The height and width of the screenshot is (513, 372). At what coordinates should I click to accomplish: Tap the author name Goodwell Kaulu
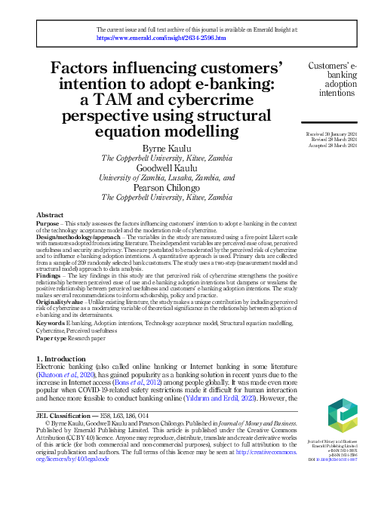(168, 168)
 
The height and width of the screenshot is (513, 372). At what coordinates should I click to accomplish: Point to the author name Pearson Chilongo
(168, 188)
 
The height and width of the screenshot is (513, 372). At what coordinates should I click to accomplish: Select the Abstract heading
(50, 215)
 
